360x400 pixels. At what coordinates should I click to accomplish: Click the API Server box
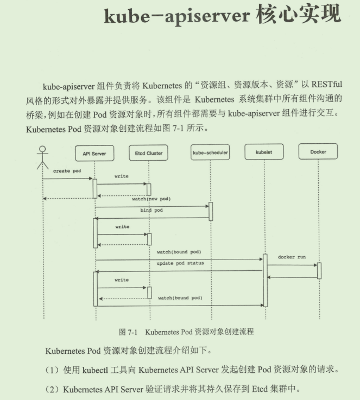tap(94, 154)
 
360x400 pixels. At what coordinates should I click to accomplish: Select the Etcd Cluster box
tap(148, 154)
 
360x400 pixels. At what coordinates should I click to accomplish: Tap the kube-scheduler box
tap(210, 153)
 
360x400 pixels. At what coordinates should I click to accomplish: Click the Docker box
tap(318, 152)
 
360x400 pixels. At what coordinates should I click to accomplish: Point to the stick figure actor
tap(43, 157)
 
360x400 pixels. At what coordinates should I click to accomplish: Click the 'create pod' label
tap(67, 171)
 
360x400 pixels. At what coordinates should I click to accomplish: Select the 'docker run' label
tap(292, 257)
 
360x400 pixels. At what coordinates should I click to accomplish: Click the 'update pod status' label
tap(180, 263)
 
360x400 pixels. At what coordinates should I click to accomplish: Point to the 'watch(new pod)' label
tap(151, 199)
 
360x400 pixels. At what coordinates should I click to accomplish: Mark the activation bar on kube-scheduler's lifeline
tap(211, 211)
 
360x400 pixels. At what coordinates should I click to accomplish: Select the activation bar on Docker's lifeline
tap(319, 270)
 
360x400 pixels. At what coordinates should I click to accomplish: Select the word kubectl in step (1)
tap(96, 370)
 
